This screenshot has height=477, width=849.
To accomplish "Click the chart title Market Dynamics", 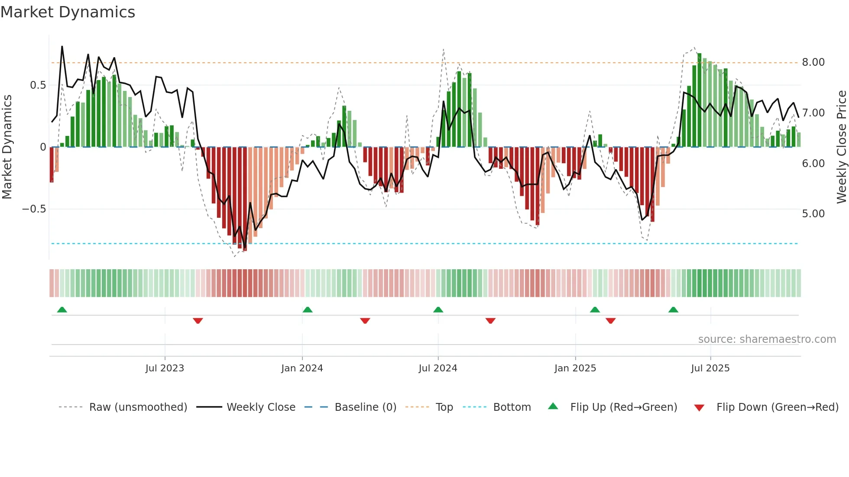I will click(x=68, y=12).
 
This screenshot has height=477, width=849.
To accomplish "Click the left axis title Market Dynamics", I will click(x=7, y=147).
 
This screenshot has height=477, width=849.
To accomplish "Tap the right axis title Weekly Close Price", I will click(x=841, y=147).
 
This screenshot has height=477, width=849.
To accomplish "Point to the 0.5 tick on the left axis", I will click(x=38, y=85).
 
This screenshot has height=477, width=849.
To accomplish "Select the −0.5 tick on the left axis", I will click(x=34, y=209).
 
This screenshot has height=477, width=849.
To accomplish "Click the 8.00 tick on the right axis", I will click(x=813, y=62).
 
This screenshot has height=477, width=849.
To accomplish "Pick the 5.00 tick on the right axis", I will click(x=813, y=214).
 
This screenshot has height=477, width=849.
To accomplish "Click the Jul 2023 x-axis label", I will click(x=165, y=368).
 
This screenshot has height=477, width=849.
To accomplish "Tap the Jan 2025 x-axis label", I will click(x=575, y=368).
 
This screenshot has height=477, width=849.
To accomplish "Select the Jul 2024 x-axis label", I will click(x=437, y=368).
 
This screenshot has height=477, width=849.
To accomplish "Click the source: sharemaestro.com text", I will click(x=767, y=339).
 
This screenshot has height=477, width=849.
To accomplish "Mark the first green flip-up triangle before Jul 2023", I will click(x=62, y=310).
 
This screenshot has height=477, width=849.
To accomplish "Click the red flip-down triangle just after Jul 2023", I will click(x=198, y=321).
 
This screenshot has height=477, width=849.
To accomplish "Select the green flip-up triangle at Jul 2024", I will click(x=438, y=310).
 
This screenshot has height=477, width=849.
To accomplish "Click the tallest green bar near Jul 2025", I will click(x=699, y=100).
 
